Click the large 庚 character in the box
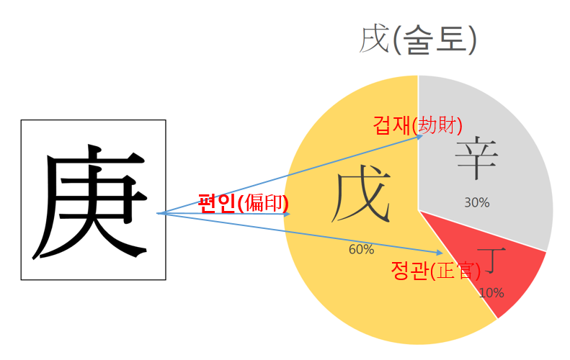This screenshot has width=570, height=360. [x=92, y=201]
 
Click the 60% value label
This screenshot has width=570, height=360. [x=361, y=250]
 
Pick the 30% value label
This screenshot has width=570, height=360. [x=476, y=203]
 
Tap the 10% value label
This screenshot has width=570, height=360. [x=491, y=293]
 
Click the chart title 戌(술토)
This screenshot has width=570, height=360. [x=418, y=40]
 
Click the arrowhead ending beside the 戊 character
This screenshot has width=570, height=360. [x=288, y=214]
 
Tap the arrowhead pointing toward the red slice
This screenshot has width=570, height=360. [x=440, y=252]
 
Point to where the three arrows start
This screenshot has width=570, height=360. [x=158, y=213]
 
